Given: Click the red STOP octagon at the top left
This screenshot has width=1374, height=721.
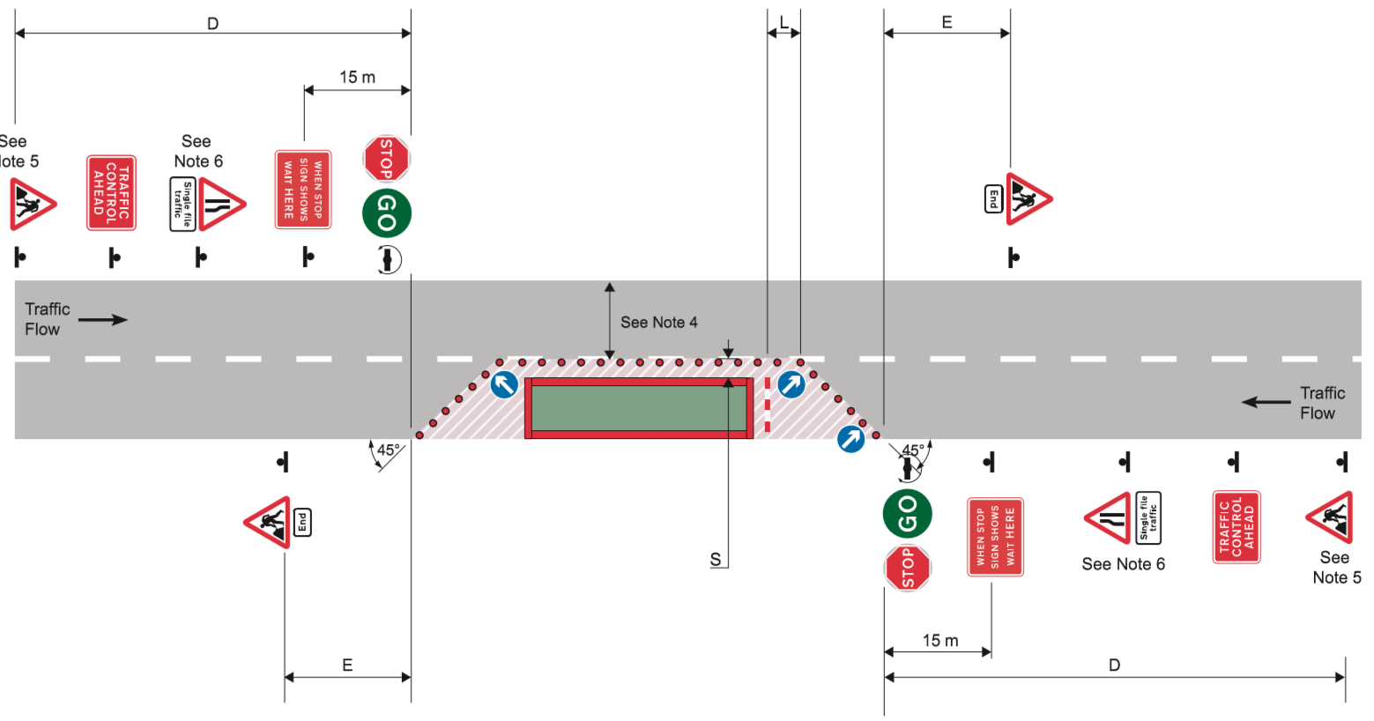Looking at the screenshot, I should click(386, 159).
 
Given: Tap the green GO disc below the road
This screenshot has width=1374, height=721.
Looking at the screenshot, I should click(907, 513).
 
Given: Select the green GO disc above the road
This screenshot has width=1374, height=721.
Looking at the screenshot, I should click(386, 213).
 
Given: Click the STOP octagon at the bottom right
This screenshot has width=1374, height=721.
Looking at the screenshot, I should click(908, 568).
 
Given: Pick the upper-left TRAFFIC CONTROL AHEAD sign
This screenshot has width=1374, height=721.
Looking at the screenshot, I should click(111, 192).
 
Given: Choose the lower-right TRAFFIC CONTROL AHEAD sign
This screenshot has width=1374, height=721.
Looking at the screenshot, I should click(1237, 527).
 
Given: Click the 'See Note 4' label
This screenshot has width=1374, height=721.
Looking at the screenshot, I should click(658, 323).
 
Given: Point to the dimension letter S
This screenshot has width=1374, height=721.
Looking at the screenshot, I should click(716, 560).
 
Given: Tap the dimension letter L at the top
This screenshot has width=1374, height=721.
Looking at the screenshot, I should click(784, 22).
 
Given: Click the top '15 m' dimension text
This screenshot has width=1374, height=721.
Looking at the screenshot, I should click(357, 78).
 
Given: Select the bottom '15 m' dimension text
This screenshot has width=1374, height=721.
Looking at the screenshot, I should click(940, 641).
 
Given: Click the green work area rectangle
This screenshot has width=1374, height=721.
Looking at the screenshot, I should click(639, 408).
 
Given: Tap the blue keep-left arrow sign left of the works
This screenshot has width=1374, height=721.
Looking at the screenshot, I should click(503, 384).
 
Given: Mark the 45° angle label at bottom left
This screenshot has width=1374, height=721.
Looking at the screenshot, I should click(389, 450).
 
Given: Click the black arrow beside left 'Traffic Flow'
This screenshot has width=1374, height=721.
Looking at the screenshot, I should click(103, 319).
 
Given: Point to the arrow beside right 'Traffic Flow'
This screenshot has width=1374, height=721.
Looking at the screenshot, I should click(1266, 403).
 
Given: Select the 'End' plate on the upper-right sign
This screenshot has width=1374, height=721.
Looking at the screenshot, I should click(993, 199).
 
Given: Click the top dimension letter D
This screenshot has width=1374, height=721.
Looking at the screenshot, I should click(212, 24).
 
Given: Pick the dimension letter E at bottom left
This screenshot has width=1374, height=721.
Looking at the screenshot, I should click(347, 665).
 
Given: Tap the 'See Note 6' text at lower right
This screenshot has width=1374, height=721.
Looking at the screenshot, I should click(1123, 564).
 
